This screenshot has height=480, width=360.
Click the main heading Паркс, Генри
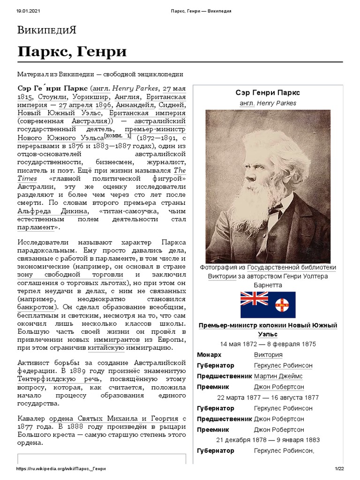click(x=72, y=52)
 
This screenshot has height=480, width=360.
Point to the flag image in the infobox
click(x=268, y=305)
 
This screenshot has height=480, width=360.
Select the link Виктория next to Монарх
click(x=268, y=354)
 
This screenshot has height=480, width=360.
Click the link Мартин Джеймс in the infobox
click(x=278, y=376)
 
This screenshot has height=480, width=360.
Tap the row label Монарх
click(x=210, y=354)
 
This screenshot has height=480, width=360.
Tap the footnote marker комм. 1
click(x=118, y=136)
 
